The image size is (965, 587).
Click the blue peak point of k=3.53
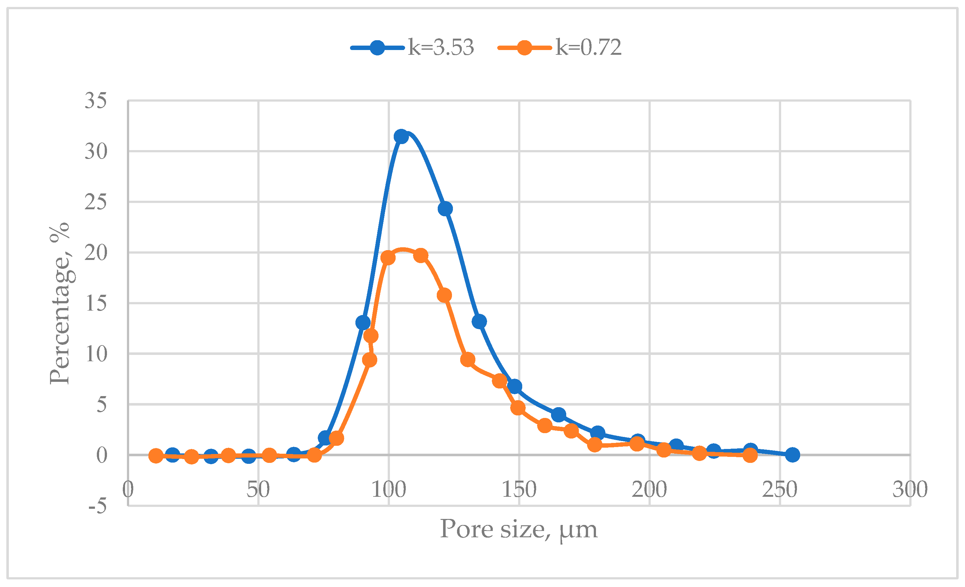(401, 136)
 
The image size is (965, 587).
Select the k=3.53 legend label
(441, 47)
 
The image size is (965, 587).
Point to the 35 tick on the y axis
(96, 101)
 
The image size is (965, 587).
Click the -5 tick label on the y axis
(97, 506)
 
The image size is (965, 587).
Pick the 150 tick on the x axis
(519, 489)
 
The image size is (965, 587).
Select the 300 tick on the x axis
(910, 489)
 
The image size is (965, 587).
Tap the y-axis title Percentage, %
(60, 303)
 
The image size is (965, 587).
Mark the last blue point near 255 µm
(792, 455)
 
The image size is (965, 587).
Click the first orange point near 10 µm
(156, 456)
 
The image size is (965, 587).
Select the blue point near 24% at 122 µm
(445, 209)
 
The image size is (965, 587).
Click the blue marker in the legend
(377, 48)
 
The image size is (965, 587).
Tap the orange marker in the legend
(524, 48)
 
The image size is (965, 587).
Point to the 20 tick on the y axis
(96, 253)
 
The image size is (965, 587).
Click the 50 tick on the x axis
(258, 489)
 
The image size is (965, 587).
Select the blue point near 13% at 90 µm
(363, 323)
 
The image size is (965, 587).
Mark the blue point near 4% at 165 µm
(559, 414)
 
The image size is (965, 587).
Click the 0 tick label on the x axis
(128, 489)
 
